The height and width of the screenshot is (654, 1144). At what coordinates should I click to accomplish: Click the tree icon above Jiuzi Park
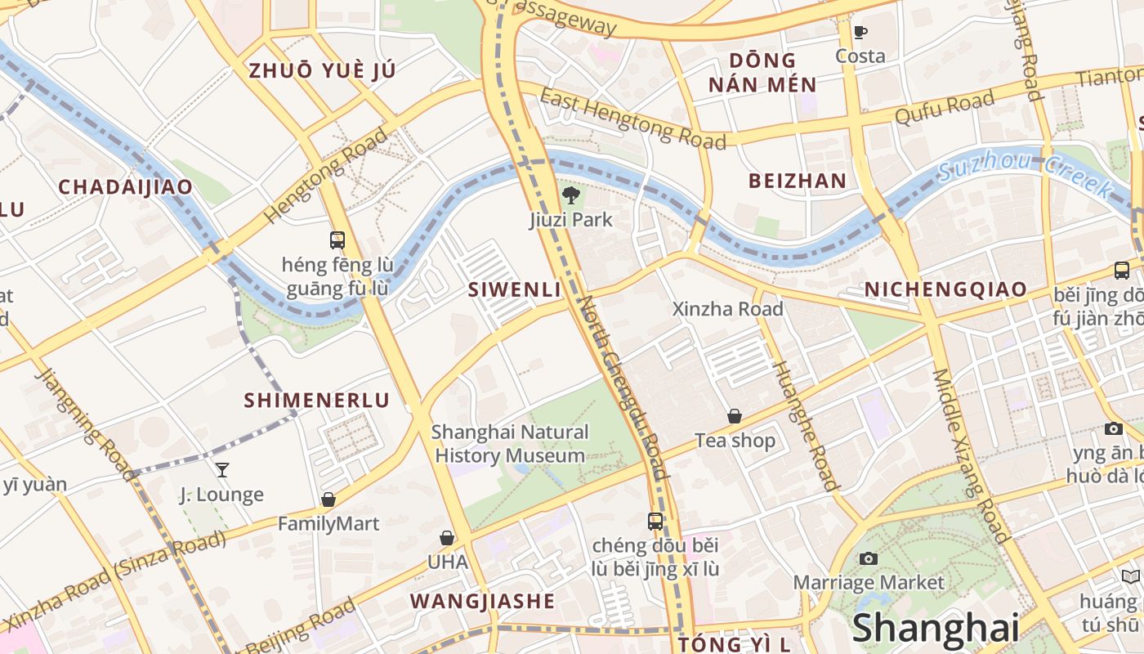click(x=570, y=195)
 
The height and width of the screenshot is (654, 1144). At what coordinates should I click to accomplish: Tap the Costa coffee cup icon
click(x=860, y=33)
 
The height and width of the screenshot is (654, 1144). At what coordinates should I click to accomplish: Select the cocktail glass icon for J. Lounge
click(x=221, y=470)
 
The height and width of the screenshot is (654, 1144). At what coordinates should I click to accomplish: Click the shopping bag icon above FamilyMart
click(x=328, y=499)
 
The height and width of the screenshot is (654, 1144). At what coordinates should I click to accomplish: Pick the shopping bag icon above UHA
click(x=447, y=538)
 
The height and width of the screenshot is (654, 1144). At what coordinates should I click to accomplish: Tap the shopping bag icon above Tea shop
click(x=735, y=416)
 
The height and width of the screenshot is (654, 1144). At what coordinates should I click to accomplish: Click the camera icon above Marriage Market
click(x=869, y=558)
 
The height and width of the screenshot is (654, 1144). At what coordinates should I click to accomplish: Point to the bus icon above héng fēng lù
click(x=337, y=240)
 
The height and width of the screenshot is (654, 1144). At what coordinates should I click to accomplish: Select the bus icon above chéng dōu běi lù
click(x=655, y=521)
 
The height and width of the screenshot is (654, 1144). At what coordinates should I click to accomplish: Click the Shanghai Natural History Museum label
click(x=510, y=443)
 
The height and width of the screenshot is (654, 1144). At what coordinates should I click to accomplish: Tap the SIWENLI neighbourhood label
click(x=514, y=289)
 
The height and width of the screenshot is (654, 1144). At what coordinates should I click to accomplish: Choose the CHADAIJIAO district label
click(x=125, y=186)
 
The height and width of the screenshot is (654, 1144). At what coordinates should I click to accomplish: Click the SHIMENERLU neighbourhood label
click(x=316, y=400)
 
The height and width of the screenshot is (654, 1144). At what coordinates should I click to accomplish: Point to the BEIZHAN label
click(x=797, y=181)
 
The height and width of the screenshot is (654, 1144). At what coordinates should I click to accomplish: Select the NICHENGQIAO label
click(x=945, y=289)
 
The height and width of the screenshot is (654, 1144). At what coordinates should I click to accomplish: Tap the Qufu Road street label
click(x=945, y=108)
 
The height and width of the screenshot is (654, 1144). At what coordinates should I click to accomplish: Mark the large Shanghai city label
click(x=936, y=628)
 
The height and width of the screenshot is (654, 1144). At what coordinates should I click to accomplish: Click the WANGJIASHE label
click(x=482, y=601)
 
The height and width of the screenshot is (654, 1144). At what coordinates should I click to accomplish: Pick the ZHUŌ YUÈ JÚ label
click(x=322, y=70)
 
